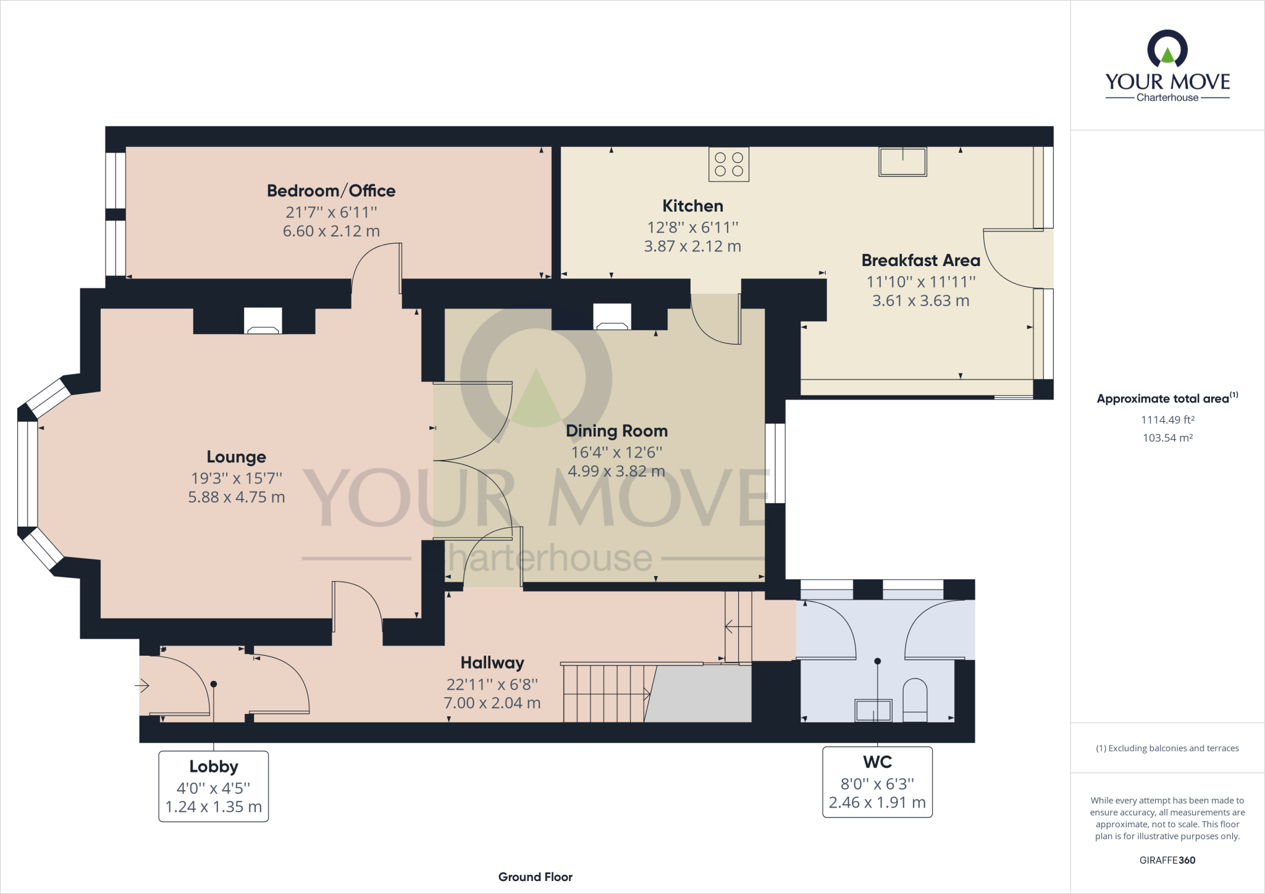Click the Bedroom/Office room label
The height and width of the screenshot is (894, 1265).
[x=331, y=191]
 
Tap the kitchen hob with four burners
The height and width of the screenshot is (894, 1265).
[x=729, y=164]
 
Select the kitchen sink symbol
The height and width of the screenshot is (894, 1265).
[x=902, y=162]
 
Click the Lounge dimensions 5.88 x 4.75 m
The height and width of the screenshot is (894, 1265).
[x=237, y=497]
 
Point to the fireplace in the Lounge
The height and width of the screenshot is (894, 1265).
[x=263, y=321]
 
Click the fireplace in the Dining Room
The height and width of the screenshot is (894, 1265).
[x=612, y=317]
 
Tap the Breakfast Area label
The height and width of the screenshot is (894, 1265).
[x=920, y=261]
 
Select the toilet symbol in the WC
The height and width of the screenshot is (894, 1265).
[x=915, y=700]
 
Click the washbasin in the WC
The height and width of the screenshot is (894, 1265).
[x=873, y=711]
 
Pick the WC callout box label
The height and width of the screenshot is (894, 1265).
[x=877, y=762]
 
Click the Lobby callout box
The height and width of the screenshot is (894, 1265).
[x=214, y=786]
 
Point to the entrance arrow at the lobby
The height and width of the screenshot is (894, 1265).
[x=143, y=685]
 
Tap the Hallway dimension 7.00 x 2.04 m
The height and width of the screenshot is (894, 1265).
[x=492, y=703]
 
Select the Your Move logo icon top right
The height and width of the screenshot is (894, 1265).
[x=1167, y=49]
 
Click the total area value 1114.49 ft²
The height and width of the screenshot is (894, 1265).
[x=1167, y=420]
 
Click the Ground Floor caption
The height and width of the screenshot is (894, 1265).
[x=536, y=877]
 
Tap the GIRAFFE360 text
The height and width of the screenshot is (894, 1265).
[x=1167, y=860]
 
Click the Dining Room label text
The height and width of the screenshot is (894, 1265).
[x=616, y=431]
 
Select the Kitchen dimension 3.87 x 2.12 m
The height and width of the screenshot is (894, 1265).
[x=692, y=246]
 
